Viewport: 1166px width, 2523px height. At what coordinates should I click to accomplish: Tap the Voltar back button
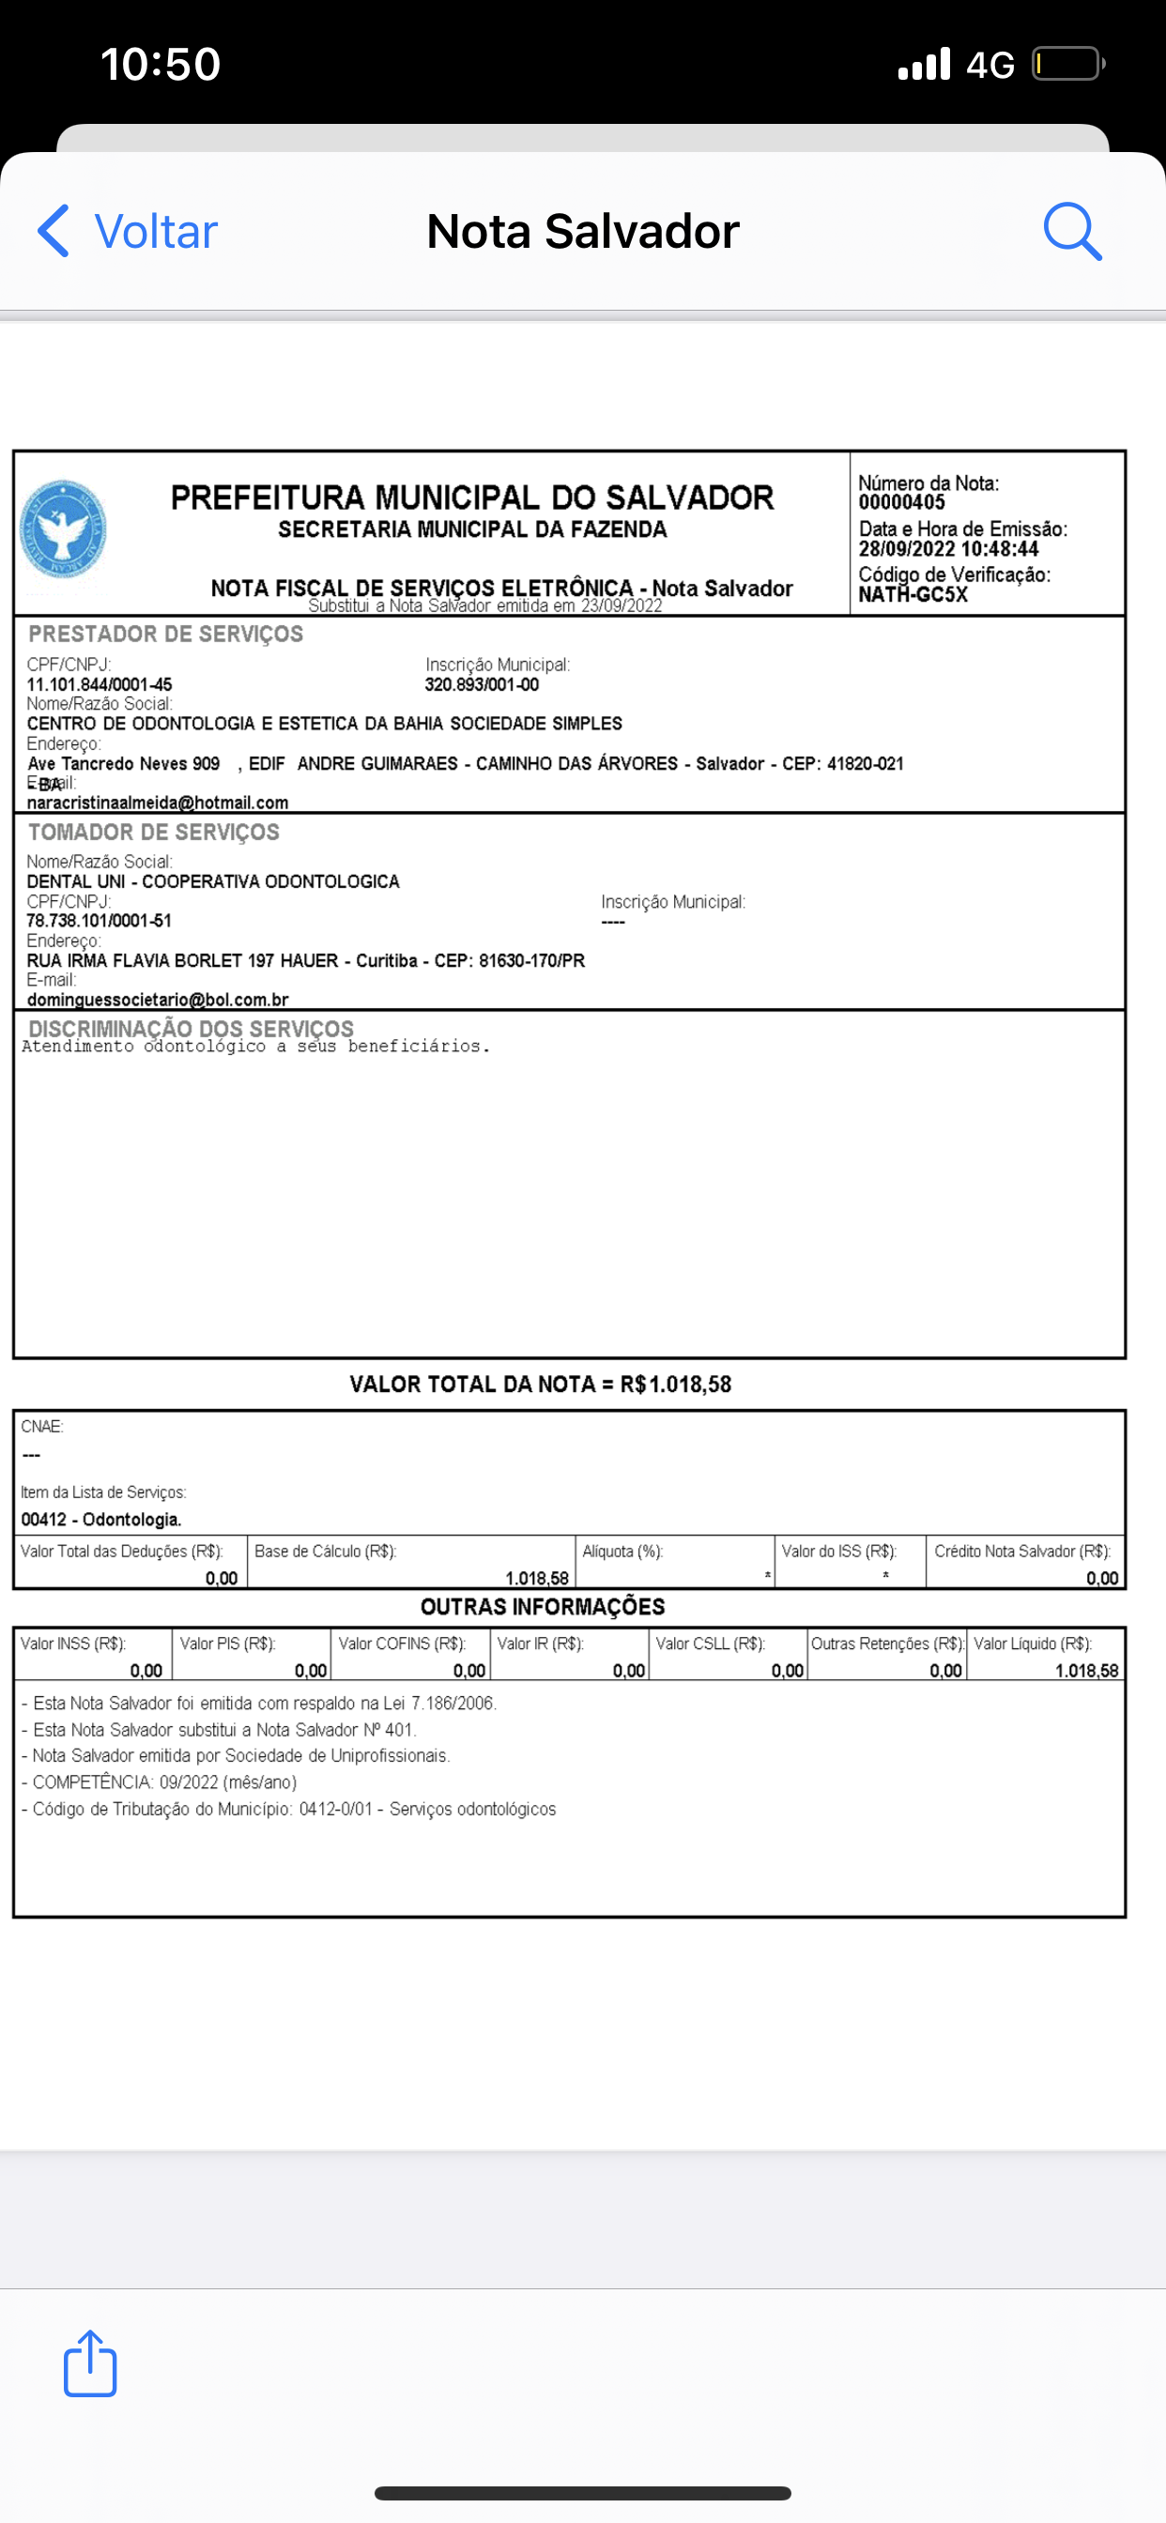point(128,231)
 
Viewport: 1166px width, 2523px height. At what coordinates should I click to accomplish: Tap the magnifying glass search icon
point(1072,231)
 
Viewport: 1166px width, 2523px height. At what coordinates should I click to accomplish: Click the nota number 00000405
point(901,502)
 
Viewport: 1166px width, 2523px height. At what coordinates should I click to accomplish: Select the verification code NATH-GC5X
point(913,594)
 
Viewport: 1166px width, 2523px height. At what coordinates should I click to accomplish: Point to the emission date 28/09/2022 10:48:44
point(947,549)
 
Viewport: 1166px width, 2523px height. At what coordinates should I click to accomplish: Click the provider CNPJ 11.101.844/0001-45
point(99,684)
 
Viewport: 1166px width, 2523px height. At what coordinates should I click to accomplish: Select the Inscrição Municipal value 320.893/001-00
point(481,684)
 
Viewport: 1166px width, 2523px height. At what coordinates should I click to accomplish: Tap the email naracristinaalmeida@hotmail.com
point(158,803)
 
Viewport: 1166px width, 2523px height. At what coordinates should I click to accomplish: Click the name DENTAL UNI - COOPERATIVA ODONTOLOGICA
point(212,881)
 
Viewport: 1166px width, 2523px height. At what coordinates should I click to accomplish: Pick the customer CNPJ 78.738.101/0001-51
point(99,921)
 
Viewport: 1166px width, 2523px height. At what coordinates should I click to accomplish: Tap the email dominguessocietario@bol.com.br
point(158,1000)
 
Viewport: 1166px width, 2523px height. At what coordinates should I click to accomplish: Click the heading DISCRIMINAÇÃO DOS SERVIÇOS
point(192,1028)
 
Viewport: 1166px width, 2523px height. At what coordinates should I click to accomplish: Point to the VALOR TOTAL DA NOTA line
point(540,1384)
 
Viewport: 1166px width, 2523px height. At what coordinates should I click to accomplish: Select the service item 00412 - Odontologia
point(101,1519)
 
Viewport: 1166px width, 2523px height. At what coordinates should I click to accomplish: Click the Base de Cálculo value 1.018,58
point(536,1578)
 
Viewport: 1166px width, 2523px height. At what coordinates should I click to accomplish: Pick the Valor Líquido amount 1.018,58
point(1085,1671)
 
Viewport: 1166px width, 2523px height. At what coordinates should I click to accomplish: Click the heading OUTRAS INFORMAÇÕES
point(542,1606)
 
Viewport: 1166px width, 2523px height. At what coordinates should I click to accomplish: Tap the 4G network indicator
point(990,66)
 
